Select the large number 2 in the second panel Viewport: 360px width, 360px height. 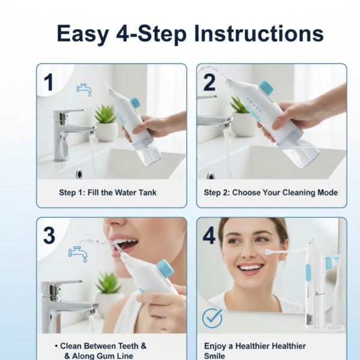210,83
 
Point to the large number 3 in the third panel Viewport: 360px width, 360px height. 49,236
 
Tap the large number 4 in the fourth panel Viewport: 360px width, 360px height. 209,236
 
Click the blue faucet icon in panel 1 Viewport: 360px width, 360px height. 84,89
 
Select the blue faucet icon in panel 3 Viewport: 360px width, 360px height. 79,253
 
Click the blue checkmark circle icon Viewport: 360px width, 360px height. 212,318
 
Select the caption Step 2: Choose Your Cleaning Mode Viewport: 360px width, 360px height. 271,193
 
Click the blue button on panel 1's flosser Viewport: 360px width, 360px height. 135,103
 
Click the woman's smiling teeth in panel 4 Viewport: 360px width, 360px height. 251,267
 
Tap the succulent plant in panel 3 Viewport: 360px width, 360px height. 109,283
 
